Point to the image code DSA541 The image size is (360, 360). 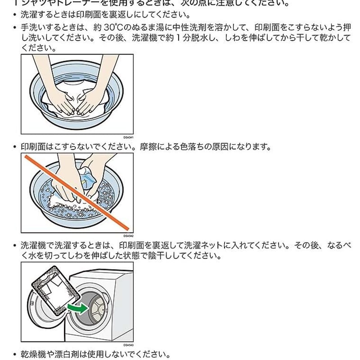click(x=128, y=137)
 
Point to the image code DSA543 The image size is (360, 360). click(x=128, y=345)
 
